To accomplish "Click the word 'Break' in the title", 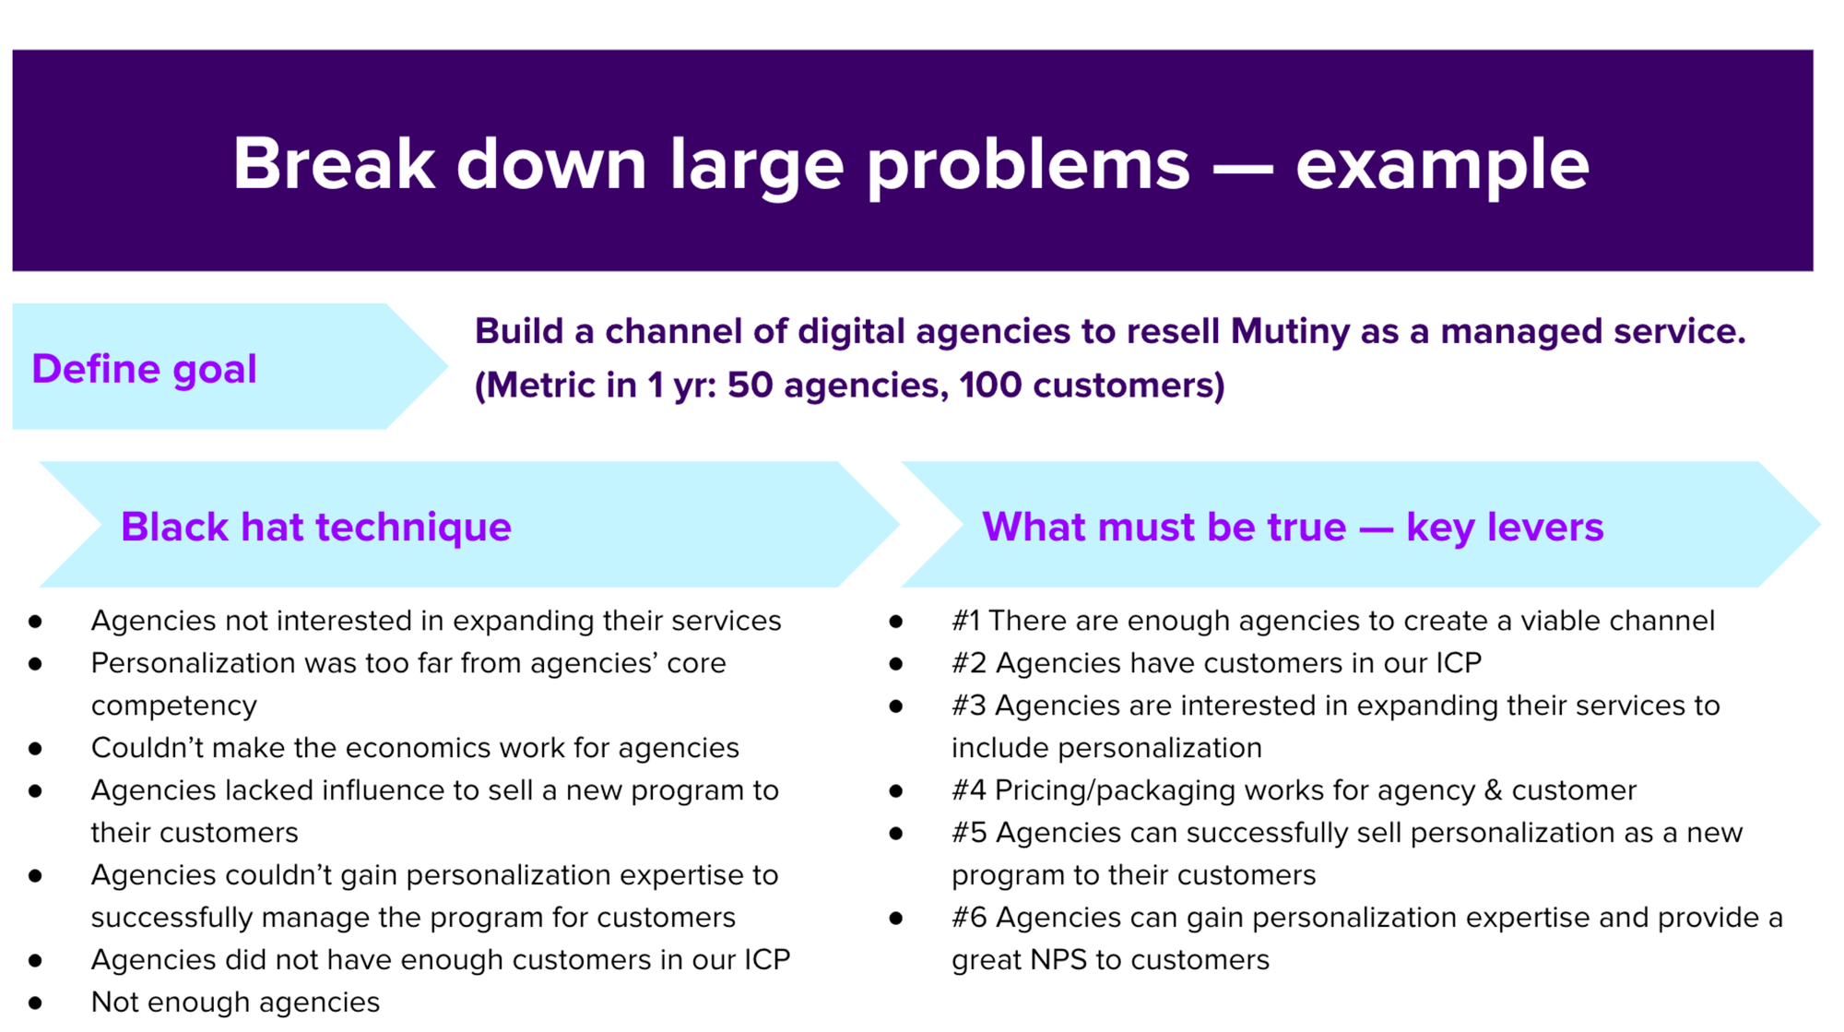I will [333, 164].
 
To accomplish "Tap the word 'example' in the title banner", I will [1442, 166].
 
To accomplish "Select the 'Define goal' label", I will [144, 369].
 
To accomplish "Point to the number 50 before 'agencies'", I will [750, 386].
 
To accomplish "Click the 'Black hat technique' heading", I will [315, 527].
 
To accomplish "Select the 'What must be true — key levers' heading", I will [1293, 527].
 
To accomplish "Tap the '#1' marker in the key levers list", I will [965, 621].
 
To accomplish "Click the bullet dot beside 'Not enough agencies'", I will [35, 1002].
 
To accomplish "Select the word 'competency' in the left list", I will [173, 706].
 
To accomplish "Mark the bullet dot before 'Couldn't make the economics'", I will [35, 748].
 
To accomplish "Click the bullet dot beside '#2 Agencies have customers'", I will [895, 663].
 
